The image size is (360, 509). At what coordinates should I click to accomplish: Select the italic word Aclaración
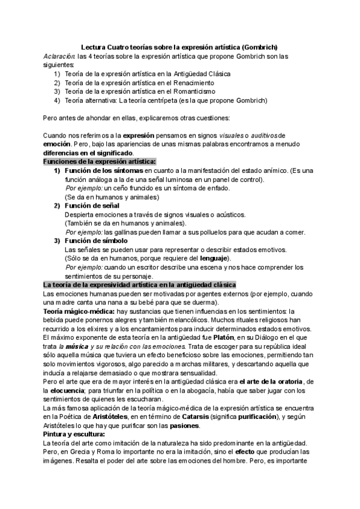[59, 56]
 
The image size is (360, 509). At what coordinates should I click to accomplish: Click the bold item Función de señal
[92, 206]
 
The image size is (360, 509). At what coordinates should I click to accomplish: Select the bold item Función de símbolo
[95, 241]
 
